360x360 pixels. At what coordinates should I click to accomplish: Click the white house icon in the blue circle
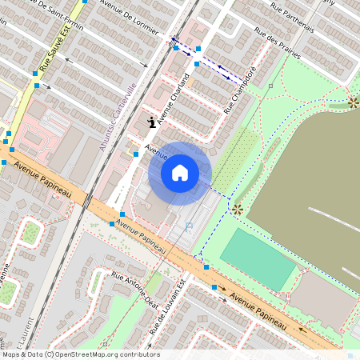pyautogui.click(x=180, y=173)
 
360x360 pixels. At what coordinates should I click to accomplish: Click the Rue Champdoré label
pyautogui.click(x=240, y=90)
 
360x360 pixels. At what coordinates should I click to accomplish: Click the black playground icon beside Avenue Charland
pyautogui.click(x=151, y=122)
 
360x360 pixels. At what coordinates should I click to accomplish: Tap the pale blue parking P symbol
pyautogui.click(x=189, y=226)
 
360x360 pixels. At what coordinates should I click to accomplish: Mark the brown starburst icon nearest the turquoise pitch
pyautogui.click(x=237, y=209)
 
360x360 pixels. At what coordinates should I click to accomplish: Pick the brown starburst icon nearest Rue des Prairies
pyautogui.click(x=353, y=102)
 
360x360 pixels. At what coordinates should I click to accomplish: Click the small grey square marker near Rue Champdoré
pyautogui.click(x=271, y=84)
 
